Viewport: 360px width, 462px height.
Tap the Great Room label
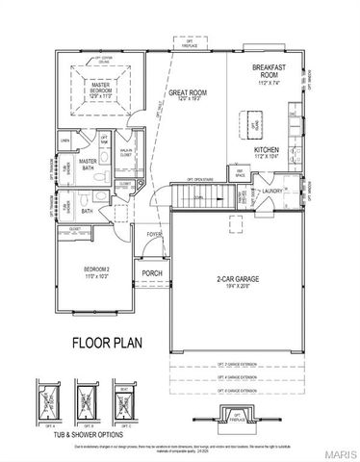(x=188, y=93)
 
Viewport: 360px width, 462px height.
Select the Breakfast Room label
(x=265, y=70)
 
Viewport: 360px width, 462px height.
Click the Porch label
(x=153, y=271)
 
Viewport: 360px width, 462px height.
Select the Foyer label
(x=154, y=233)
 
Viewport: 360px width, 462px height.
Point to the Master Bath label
(x=88, y=164)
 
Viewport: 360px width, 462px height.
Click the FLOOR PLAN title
(x=107, y=340)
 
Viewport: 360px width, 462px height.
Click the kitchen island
(x=256, y=123)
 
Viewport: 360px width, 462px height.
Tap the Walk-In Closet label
(x=126, y=151)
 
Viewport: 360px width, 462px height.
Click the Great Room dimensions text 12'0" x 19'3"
(x=188, y=100)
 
